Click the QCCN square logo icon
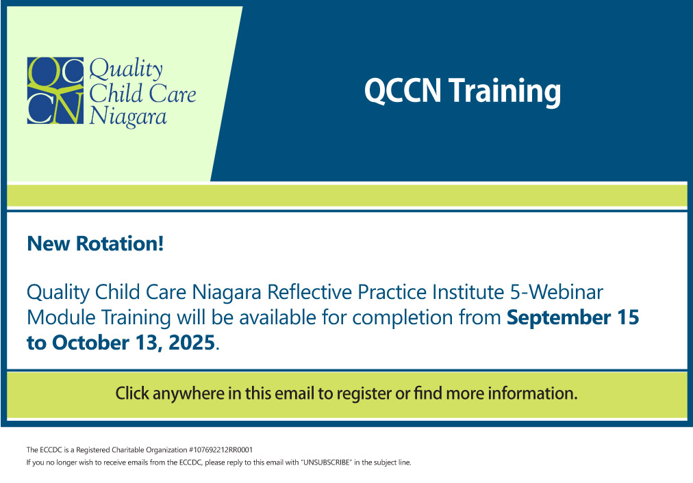(55, 90)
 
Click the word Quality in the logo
(126, 70)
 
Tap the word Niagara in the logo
(128, 118)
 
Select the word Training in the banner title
(505, 92)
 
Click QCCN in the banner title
(403, 90)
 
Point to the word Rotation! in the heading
(120, 244)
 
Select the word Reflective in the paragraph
(310, 292)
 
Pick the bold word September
(559, 318)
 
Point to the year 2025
(192, 343)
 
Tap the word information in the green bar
(533, 393)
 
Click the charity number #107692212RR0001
(220, 450)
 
